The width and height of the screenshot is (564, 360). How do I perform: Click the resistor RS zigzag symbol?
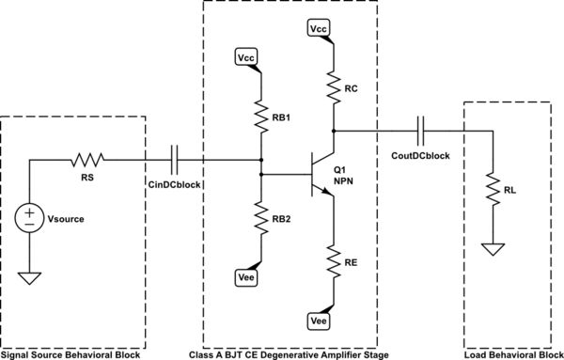point(86,159)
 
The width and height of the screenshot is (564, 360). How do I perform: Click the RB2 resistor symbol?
point(262,218)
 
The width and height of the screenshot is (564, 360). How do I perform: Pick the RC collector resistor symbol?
point(334,86)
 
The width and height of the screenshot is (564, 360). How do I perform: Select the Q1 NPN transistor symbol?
point(321,175)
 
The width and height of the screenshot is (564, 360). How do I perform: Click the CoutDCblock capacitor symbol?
point(423,131)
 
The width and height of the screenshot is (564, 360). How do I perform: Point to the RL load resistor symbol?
point(491,192)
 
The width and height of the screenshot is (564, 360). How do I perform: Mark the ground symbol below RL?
point(491,249)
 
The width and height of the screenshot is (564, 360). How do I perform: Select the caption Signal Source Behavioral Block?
point(70,354)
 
